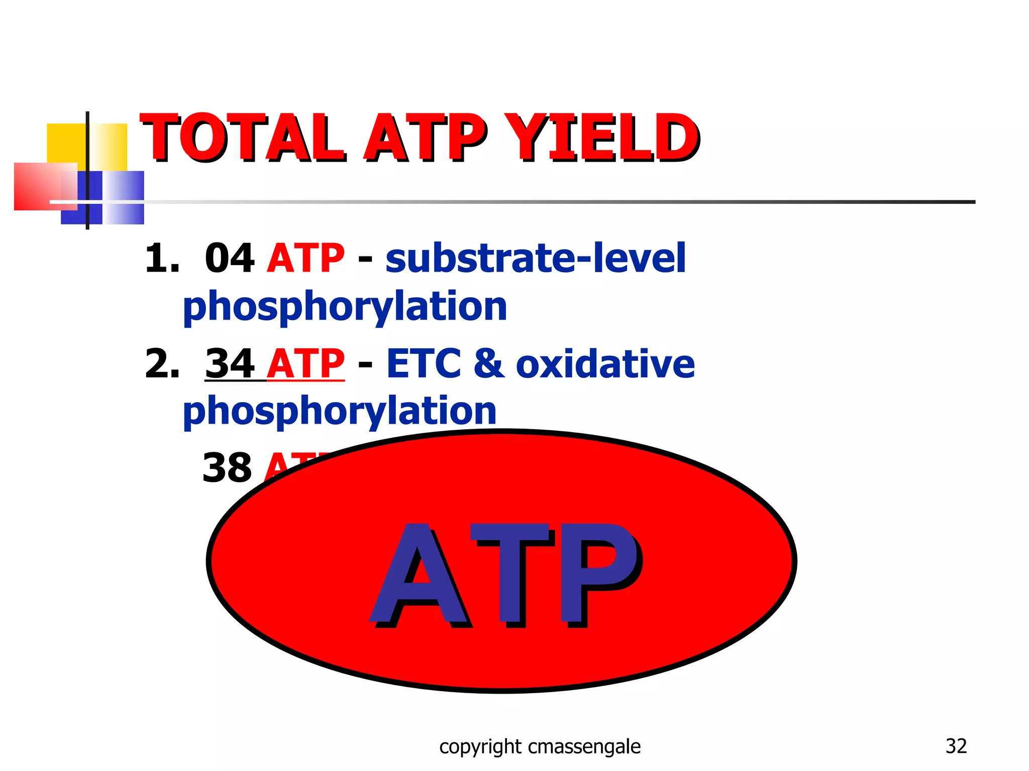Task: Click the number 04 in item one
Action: pyautogui.click(x=229, y=259)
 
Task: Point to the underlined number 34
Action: pyautogui.click(x=229, y=364)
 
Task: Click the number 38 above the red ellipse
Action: pyautogui.click(x=227, y=468)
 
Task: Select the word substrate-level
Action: pyautogui.click(x=535, y=259)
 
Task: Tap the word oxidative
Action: pyautogui.click(x=605, y=364)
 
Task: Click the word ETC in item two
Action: pyautogui.click(x=424, y=364)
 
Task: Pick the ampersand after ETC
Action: pyautogui.click(x=488, y=364)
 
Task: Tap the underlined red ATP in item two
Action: pyautogui.click(x=305, y=364)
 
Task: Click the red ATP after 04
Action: pyautogui.click(x=305, y=259)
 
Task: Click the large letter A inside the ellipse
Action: pyautogui.click(x=420, y=575)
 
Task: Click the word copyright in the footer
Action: pyautogui.click(x=480, y=747)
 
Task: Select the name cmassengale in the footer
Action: pyautogui.click(x=584, y=747)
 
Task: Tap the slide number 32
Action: pyautogui.click(x=956, y=746)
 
